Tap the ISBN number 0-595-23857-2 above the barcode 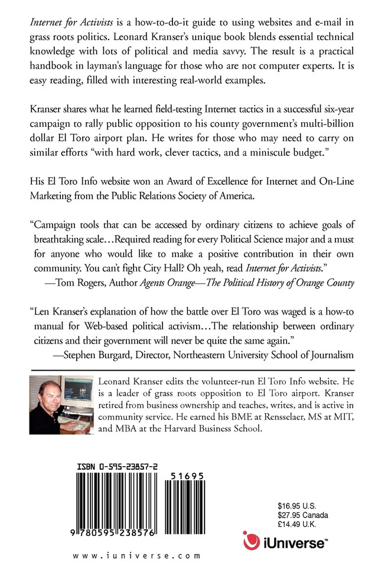tap(118, 451)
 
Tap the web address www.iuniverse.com tap(137, 555)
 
